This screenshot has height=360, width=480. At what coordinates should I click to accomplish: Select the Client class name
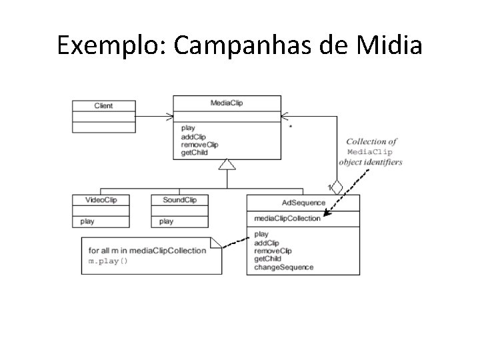[103, 105]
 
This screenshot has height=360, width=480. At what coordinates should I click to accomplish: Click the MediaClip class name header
[227, 103]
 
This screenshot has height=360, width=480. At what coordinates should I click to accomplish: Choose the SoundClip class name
[179, 200]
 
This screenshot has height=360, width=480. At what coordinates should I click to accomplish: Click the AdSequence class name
[303, 203]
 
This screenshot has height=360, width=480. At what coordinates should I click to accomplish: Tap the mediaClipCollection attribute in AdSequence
[287, 218]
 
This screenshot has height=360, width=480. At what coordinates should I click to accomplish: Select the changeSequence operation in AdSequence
[283, 267]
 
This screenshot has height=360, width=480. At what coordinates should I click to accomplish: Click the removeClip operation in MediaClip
[199, 145]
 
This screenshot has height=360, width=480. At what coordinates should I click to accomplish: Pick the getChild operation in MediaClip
[194, 153]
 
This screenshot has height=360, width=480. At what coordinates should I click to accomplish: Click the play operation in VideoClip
[87, 221]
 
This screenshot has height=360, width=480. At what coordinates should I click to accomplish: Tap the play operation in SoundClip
[167, 221]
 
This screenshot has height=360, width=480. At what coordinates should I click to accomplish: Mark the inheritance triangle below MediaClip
[227, 164]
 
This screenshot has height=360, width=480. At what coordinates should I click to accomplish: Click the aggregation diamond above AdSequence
[337, 187]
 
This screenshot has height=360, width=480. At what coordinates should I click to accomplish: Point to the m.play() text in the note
[108, 261]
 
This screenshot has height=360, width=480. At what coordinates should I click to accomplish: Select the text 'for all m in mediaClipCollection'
[147, 251]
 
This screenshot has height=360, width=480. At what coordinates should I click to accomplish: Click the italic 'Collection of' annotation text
[371, 141]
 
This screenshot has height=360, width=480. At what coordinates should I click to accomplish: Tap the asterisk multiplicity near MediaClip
[289, 125]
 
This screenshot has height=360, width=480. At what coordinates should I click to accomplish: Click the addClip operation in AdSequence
[267, 243]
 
